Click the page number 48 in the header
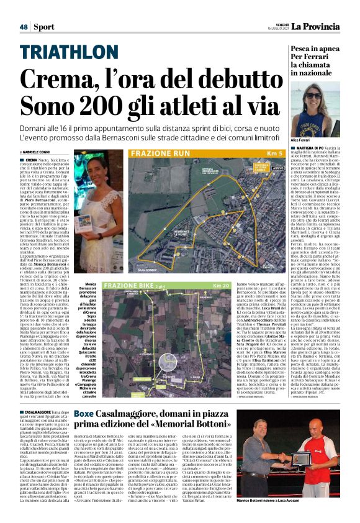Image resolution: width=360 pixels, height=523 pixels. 24,27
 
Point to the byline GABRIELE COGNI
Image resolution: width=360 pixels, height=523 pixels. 38,152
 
